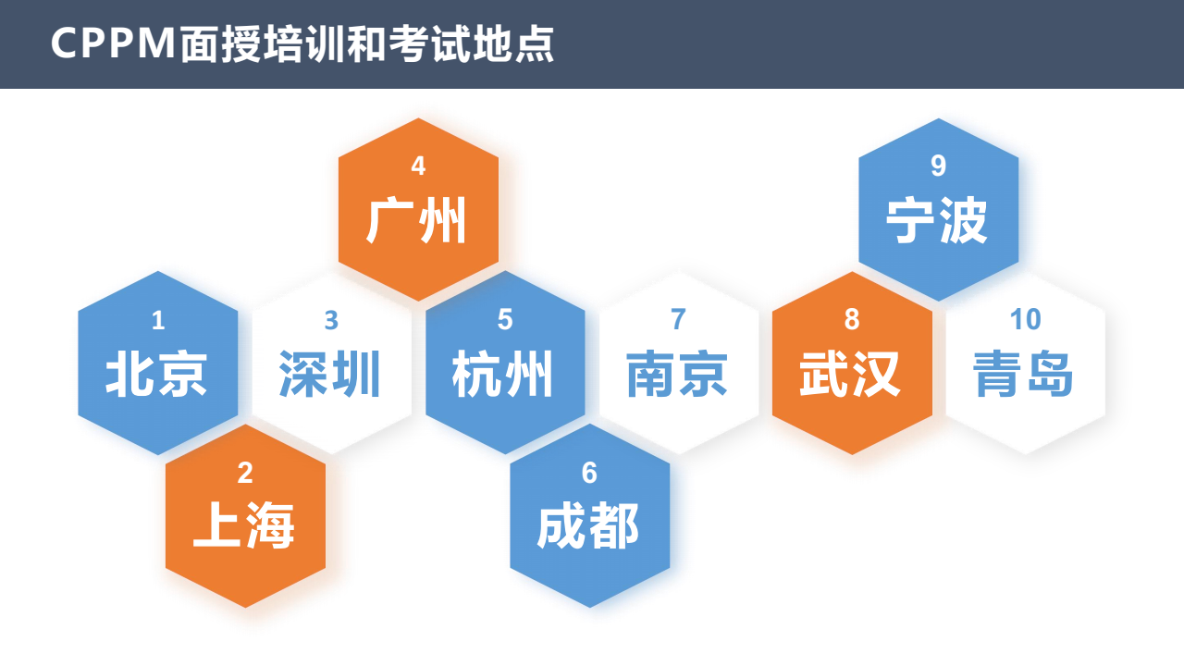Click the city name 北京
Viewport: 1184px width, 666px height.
156,374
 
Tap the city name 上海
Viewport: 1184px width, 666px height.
243,525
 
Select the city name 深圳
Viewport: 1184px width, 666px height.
330,374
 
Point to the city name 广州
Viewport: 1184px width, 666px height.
416,220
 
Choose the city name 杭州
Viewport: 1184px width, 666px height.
502,374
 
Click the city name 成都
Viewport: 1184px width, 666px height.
588,525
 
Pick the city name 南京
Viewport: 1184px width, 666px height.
677,374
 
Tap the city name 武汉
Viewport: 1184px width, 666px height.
850,374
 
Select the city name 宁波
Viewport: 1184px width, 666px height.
937,220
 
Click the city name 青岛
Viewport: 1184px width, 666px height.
1023,374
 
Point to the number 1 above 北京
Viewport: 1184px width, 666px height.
158,320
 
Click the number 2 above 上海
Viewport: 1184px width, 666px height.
245,473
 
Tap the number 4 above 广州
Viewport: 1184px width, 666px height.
418,166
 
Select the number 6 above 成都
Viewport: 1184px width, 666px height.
589,473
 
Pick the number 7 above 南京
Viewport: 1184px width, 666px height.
678,319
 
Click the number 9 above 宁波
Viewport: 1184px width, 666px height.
938,166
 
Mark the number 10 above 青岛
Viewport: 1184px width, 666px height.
1026,319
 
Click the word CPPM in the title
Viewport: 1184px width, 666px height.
113,43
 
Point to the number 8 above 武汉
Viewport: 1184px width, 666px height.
852,319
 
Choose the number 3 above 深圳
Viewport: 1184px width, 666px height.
331,320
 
